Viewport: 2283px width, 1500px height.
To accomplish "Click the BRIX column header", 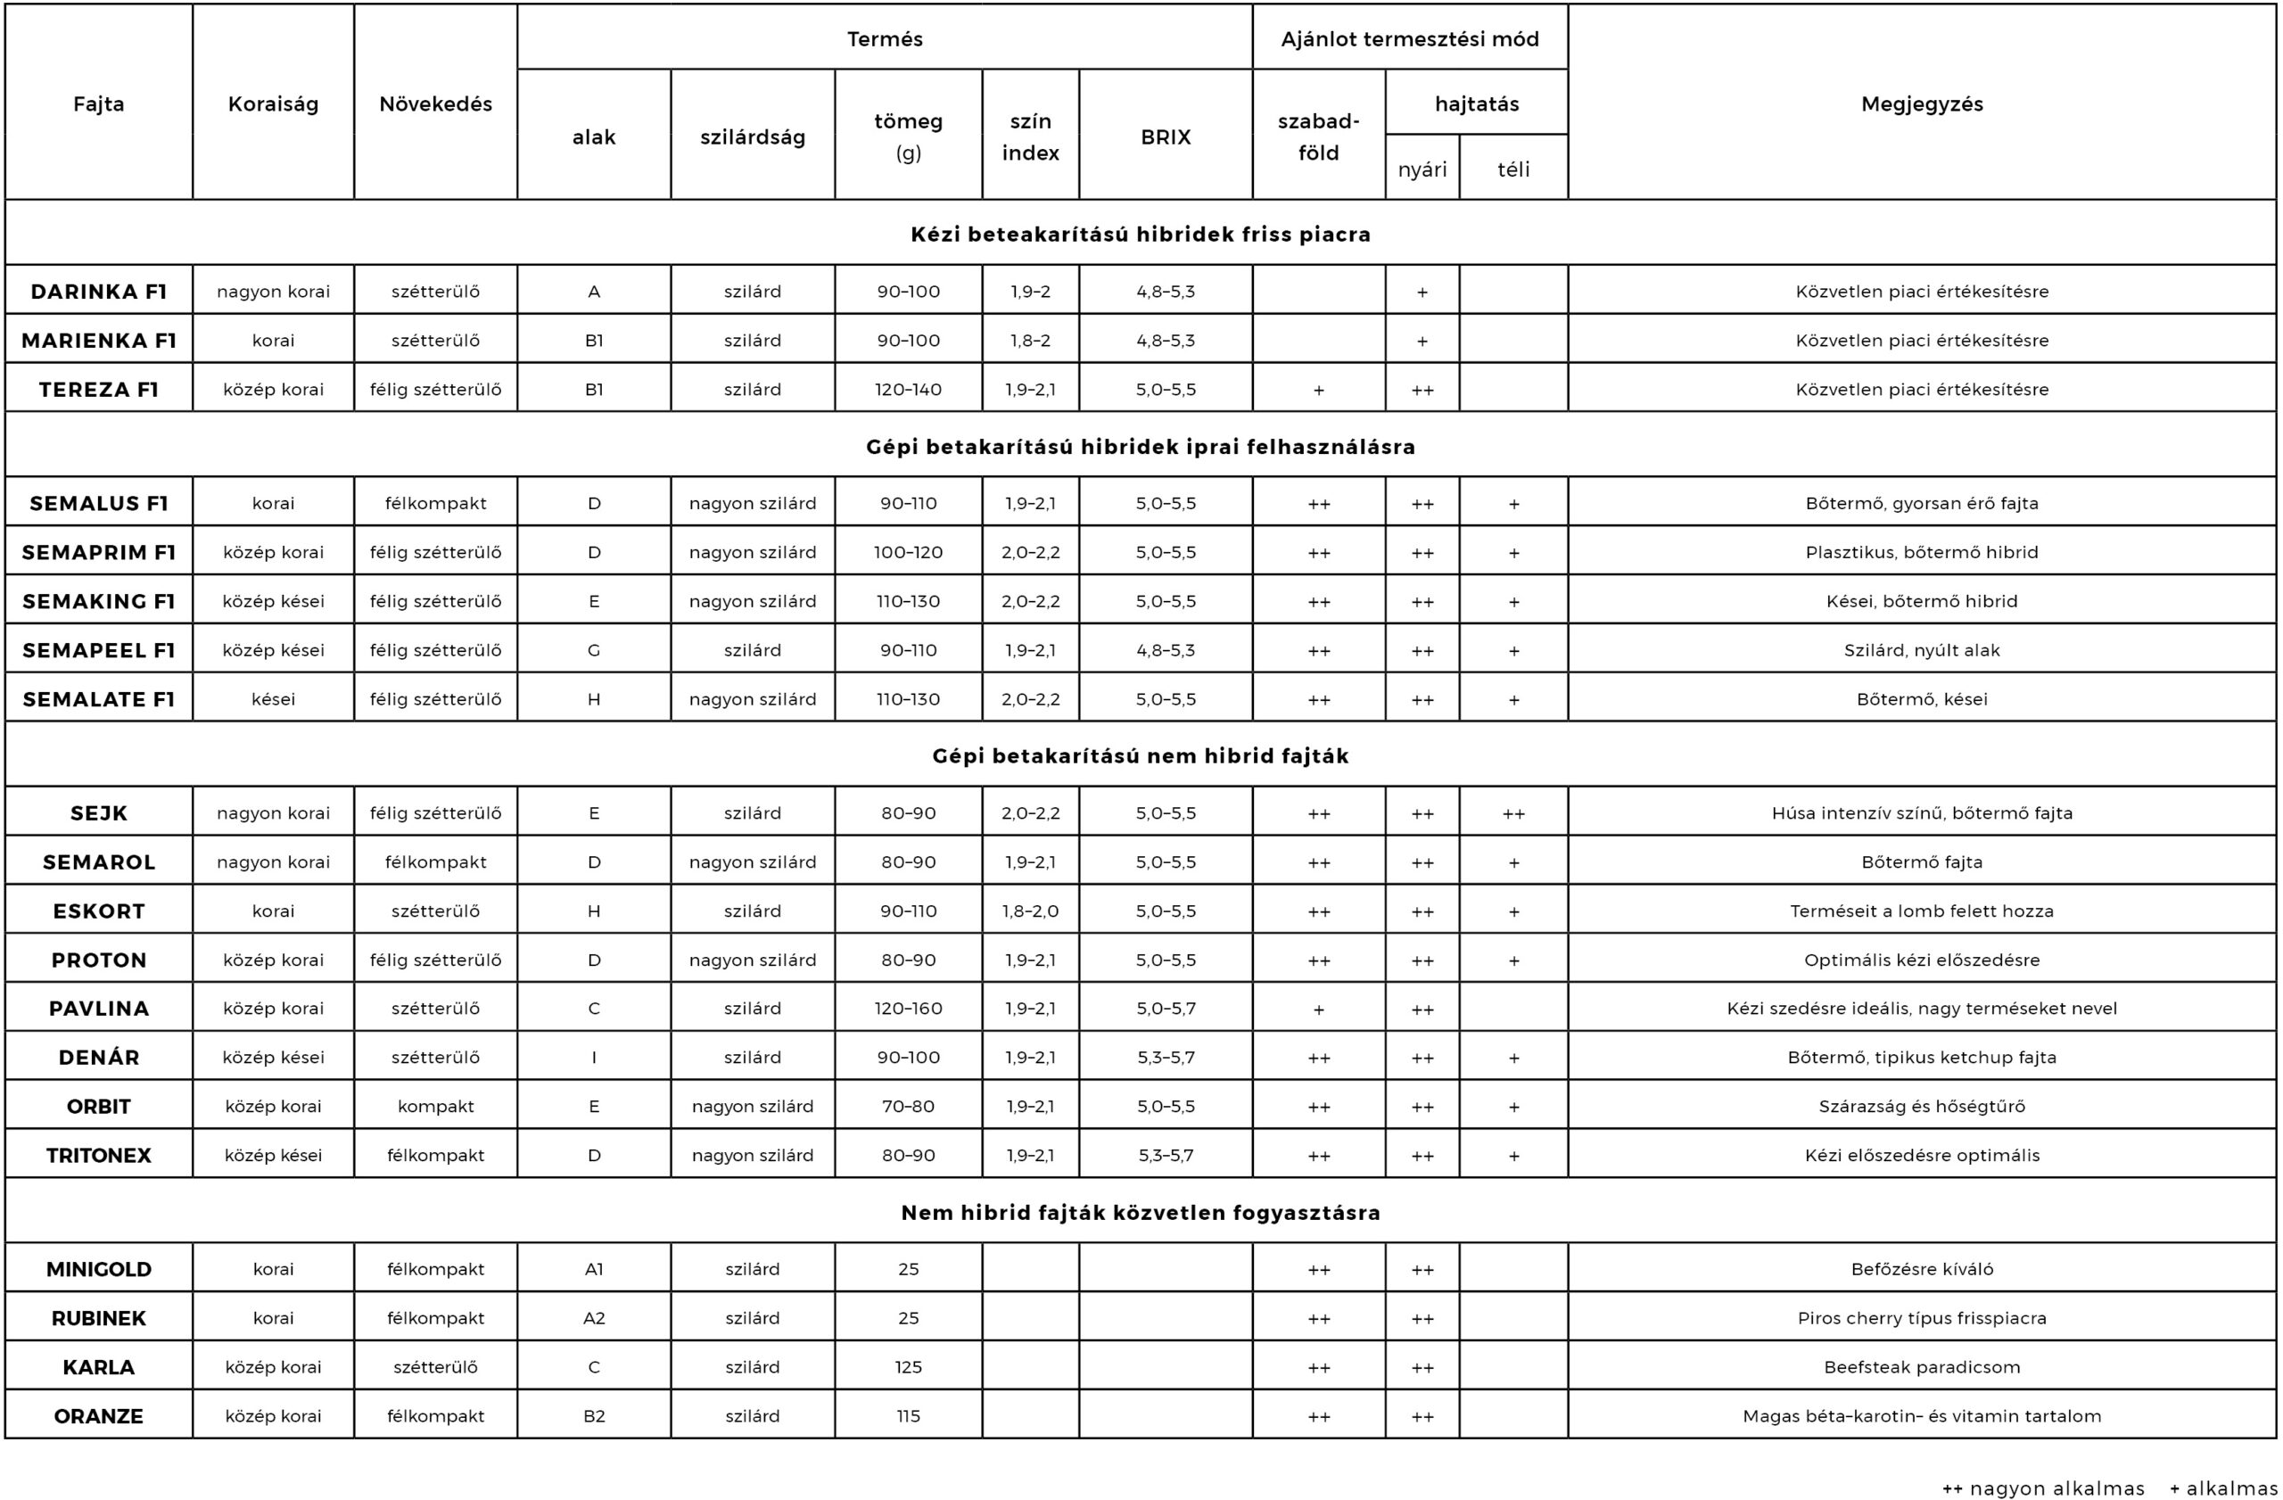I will click(1166, 137).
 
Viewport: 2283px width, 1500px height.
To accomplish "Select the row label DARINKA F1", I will click(99, 292).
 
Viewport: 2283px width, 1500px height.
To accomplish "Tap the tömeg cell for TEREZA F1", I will click(908, 390).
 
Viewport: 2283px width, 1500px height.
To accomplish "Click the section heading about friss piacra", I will click(1141, 235).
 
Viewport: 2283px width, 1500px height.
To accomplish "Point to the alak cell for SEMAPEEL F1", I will click(594, 650).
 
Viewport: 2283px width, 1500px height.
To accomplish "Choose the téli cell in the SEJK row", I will click(1512, 813).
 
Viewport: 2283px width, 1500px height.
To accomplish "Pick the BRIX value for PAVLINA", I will click(1166, 1009).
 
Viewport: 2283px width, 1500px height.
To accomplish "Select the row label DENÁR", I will click(99, 1058).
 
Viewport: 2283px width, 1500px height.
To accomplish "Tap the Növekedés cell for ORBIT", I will click(435, 1107).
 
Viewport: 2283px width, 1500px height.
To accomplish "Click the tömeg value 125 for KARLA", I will click(908, 1368).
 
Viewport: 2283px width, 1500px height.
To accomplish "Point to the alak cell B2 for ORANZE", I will click(594, 1416).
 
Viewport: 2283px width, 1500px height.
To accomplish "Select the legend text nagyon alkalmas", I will click(2056, 1488).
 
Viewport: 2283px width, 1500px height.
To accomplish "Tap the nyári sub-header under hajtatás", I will click(1422, 169).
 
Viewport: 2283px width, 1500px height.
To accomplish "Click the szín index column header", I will click(1030, 137).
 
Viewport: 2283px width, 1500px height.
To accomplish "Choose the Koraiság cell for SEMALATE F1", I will click(274, 699).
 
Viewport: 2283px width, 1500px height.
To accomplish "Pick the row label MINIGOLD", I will click(99, 1270).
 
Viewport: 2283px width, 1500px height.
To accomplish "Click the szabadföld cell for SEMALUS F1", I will click(1318, 505).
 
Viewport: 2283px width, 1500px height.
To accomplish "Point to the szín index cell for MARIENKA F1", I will click(1030, 341).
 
